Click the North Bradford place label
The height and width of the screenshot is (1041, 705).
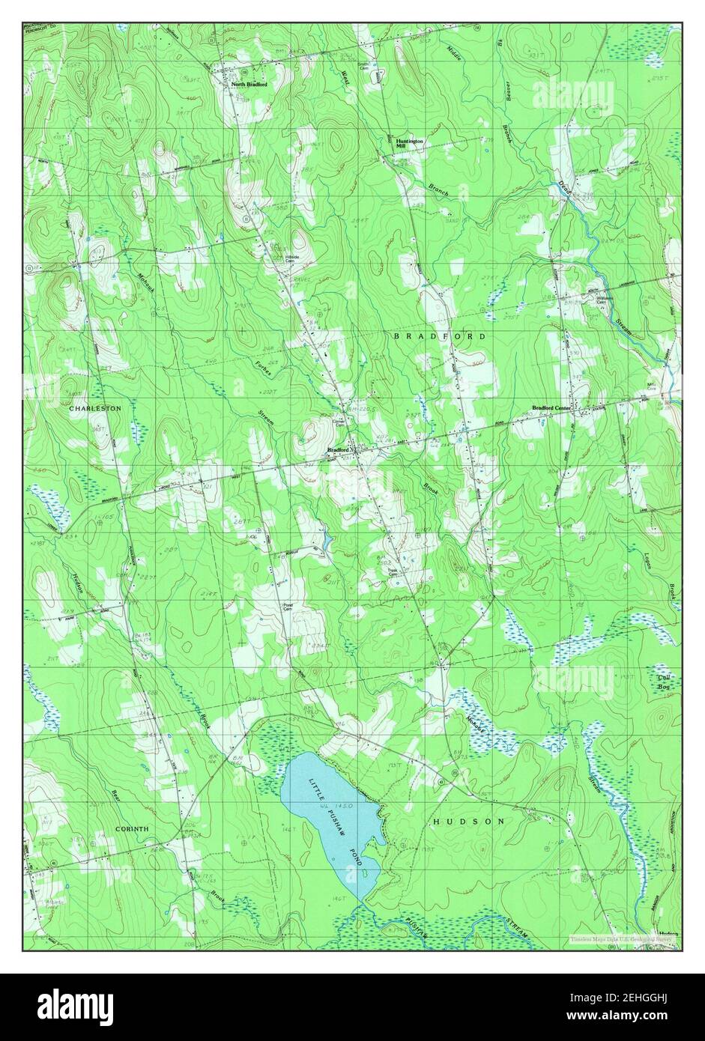click(x=249, y=85)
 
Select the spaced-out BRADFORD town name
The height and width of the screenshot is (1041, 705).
click(x=440, y=337)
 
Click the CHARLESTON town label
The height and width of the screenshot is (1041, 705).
click(x=95, y=408)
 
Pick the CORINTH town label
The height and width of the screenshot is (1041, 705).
click(x=132, y=829)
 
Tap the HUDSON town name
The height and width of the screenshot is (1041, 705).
click(x=469, y=822)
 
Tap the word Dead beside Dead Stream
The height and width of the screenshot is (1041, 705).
click(x=564, y=190)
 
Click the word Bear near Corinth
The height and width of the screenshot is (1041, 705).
click(x=115, y=795)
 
